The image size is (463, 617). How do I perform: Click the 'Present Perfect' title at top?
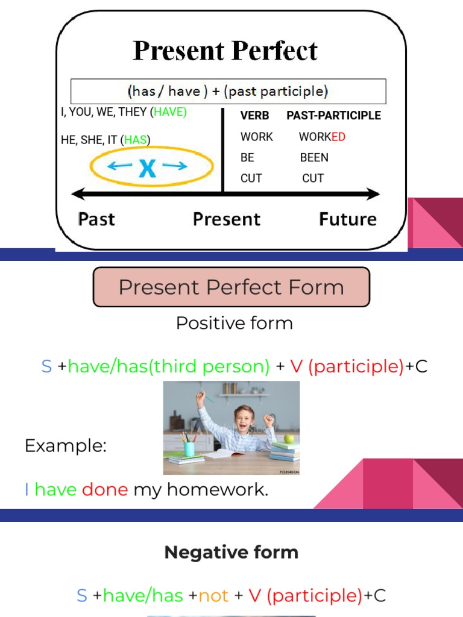[x=225, y=51]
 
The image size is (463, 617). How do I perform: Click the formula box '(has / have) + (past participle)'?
[x=228, y=92]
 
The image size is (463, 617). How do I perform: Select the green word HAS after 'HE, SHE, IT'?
[x=136, y=140]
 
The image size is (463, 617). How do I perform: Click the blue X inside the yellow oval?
[x=148, y=168]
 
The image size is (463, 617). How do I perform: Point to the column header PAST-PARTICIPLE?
[x=333, y=115]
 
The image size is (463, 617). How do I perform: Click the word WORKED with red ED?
[x=322, y=137]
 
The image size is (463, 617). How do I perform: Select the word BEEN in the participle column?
[x=314, y=157]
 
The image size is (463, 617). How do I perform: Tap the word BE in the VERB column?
[x=247, y=157]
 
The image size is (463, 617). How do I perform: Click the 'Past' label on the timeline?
[x=96, y=219]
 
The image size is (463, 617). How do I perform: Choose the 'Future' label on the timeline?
[x=347, y=219]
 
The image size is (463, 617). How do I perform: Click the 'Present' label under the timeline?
[x=227, y=219]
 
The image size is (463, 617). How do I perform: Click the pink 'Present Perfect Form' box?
[x=231, y=287]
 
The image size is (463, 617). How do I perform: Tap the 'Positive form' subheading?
[x=234, y=323]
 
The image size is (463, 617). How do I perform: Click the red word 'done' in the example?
[x=105, y=489]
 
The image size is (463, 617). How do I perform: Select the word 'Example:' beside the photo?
[x=66, y=446]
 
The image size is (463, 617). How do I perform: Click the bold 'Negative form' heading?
[x=231, y=552]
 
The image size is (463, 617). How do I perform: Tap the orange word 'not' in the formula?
[x=214, y=596]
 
